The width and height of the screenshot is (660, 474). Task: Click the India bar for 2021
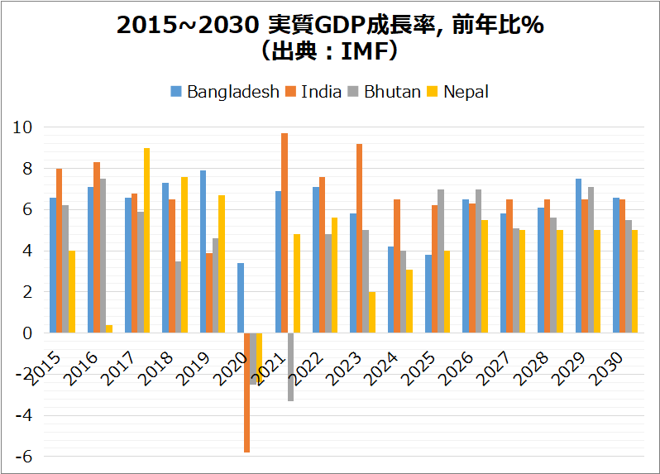285,233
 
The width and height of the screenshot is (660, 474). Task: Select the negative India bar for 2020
247,392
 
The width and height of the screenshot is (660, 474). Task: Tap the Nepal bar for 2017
146,240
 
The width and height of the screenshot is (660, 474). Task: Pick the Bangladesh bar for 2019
203,251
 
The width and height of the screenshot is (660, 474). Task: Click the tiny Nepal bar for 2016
109,328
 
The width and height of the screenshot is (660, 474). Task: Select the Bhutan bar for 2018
179,297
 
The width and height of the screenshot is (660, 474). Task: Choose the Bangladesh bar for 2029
579,256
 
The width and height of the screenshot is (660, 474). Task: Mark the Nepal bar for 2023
372,312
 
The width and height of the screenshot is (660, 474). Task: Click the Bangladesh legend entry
225,92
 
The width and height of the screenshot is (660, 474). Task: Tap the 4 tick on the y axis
26,251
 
